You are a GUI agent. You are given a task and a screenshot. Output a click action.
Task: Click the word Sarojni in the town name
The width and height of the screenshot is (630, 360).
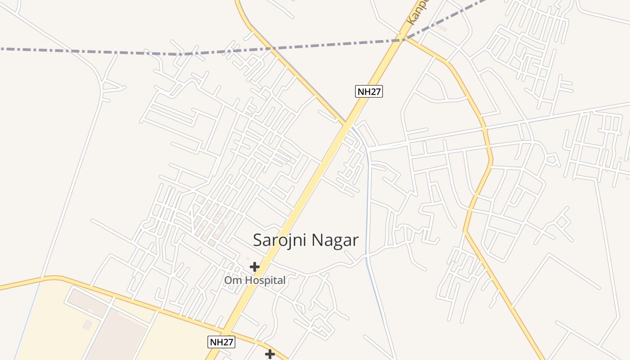point(279,240)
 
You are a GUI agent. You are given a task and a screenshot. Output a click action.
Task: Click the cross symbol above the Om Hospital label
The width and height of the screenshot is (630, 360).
point(255,267)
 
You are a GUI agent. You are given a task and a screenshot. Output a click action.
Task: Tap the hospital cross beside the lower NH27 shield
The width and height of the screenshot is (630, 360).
point(270,354)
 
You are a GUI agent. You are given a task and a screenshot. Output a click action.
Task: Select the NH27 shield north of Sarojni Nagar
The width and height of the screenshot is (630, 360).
point(369,92)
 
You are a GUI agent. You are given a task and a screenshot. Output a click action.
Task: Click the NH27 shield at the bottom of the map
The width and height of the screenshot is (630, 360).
point(221,342)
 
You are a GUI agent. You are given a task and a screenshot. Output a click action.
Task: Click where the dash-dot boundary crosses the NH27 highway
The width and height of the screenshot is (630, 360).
point(403,40)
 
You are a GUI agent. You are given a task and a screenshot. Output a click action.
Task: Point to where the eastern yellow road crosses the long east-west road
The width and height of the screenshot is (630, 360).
point(484,129)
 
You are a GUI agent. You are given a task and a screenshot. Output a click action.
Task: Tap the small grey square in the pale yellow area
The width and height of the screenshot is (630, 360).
point(87,324)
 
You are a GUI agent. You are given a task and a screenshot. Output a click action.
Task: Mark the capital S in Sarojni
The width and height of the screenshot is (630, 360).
point(258,240)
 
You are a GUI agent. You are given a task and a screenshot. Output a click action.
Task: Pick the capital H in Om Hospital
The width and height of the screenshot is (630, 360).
point(248,280)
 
